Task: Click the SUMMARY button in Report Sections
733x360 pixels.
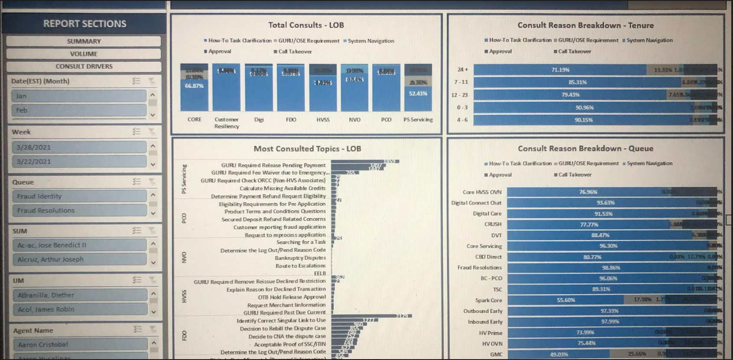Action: (84, 41)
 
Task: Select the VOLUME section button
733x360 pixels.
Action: (84, 54)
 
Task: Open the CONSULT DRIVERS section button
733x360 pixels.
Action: (84, 66)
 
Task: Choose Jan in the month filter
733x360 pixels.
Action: (79, 96)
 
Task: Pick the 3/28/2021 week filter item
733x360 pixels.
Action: (79, 147)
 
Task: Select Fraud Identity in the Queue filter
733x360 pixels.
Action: (79, 196)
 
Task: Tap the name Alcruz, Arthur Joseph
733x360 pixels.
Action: (79, 259)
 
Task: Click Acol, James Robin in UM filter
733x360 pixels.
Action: (79, 309)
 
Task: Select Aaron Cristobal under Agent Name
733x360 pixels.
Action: (79, 344)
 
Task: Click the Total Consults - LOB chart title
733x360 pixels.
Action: (306, 25)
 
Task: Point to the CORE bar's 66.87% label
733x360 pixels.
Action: (194, 86)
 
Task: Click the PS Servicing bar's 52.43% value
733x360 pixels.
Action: (418, 94)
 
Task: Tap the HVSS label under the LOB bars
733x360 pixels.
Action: (323, 120)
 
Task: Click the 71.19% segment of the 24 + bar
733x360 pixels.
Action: (560, 70)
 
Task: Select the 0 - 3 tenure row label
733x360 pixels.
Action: (462, 108)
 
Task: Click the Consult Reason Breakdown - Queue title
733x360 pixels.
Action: (585, 148)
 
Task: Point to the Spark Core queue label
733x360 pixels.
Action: (489, 300)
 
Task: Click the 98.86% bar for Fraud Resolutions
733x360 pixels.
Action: (611, 268)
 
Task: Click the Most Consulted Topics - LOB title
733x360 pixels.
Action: (307, 149)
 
